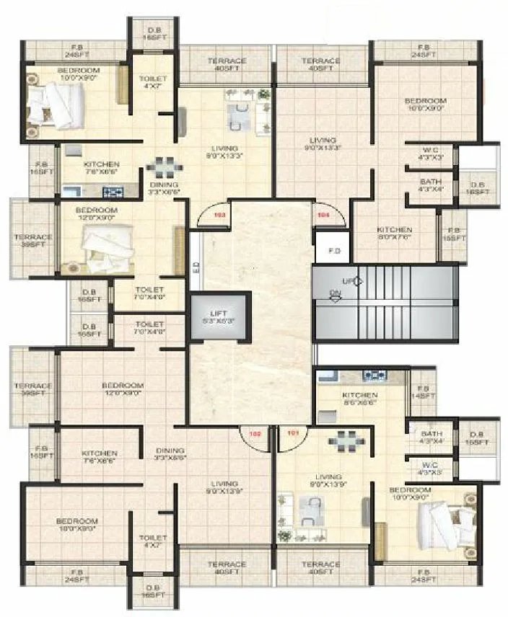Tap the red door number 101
pyautogui.click(x=293, y=435)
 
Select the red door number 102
pyautogui.click(x=254, y=435)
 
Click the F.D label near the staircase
pyautogui.click(x=334, y=252)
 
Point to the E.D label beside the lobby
pyautogui.click(x=196, y=266)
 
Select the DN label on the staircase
pyautogui.click(x=335, y=293)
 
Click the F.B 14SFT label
pyautogui.click(x=423, y=392)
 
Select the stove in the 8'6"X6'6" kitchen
pyautogui.click(x=374, y=375)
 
